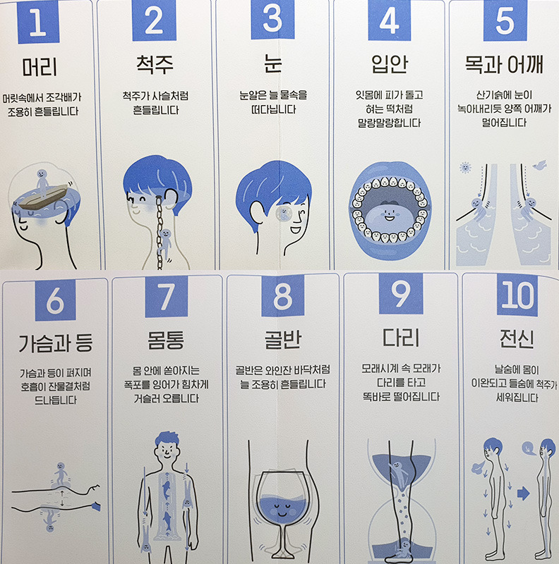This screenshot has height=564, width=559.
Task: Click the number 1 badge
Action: [x=38, y=22]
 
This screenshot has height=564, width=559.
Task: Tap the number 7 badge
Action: [x=167, y=297]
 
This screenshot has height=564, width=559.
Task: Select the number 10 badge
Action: [x=517, y=295]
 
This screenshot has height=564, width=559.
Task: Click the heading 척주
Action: [x=155, y=65]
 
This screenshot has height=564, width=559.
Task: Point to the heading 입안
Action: [x=390, y=64]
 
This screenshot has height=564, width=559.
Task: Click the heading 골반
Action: [x=283, y=340]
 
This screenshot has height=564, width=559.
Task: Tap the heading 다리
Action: [x=400, y=338]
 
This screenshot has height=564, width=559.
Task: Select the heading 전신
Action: [x=517, y=338]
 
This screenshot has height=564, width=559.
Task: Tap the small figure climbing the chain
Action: [x=164, y=245]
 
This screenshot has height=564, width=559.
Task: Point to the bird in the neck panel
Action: [x=540, y=165]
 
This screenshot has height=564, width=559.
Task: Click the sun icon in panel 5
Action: [x=465, y=168]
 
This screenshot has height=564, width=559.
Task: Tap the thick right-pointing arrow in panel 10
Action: [x=524, y=493]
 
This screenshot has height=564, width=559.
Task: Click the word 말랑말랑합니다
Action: [x=390, y=123]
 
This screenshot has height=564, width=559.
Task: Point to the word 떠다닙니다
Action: [x=274, y=109]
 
